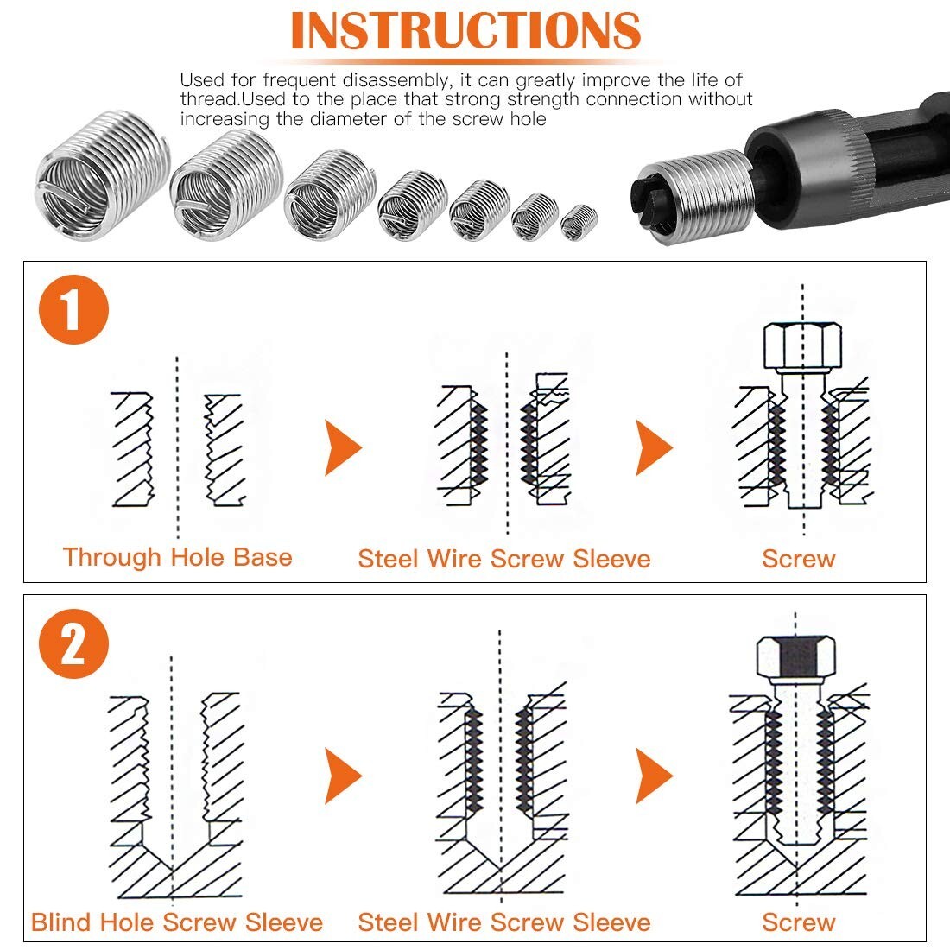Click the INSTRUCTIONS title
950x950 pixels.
click(465, 31)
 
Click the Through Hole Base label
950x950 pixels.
click(177, 557)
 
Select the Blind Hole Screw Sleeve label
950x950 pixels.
click(177, 921)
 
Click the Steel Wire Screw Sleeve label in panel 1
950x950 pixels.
click(503, 559)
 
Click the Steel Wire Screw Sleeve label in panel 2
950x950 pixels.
click(503, 921)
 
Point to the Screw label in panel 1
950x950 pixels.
click(798, 559)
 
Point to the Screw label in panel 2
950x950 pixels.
click(798, 921)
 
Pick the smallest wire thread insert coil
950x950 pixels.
click(578, 222)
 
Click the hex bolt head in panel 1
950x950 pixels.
click(802, 345)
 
